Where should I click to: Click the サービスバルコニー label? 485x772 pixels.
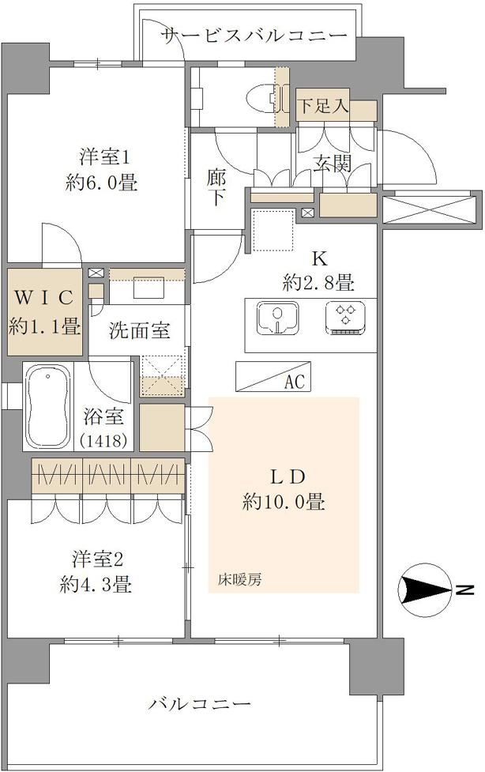pyautogui.click(x=254, y=36)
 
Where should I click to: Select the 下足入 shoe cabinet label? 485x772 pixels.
pyautogui.click(x=323, y=105)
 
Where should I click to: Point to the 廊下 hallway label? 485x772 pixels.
pyautogui.click(x=216, y=186)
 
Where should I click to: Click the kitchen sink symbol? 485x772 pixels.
pyautogui.click(x=278, y=318)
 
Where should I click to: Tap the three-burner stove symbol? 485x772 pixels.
pyautogui.click(x=345, y=318)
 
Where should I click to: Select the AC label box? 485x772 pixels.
pyautogui.click(x=273, y=377)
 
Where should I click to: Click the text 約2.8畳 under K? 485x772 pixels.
pyautogui.click(x=318, y=283)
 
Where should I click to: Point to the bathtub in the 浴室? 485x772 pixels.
pyautogui.click(x=47, y=407)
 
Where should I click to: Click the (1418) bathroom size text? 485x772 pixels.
pyautogui.click(x=105, y=440)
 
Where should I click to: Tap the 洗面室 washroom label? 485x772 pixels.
pyautogui.click(x=140, y=331)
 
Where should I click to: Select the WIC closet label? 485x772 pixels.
pyautogui.click(x=45, y=297)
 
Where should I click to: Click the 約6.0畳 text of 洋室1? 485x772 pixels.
pyautogui.click(x=101, y=183)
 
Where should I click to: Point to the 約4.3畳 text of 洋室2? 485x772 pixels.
pyautogui.click(x=96, y=585)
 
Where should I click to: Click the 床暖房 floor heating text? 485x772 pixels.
pyautogui.click(x=240, y=579)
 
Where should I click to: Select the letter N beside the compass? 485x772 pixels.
pyautogui.click(x=464, y=589)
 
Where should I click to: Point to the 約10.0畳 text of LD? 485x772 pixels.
pyautogui.click(x=283, y=503)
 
